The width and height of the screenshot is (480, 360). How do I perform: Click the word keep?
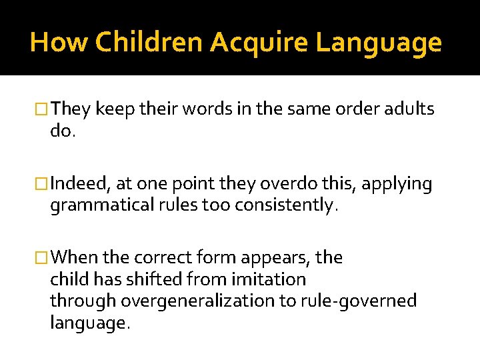coord(115,108)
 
